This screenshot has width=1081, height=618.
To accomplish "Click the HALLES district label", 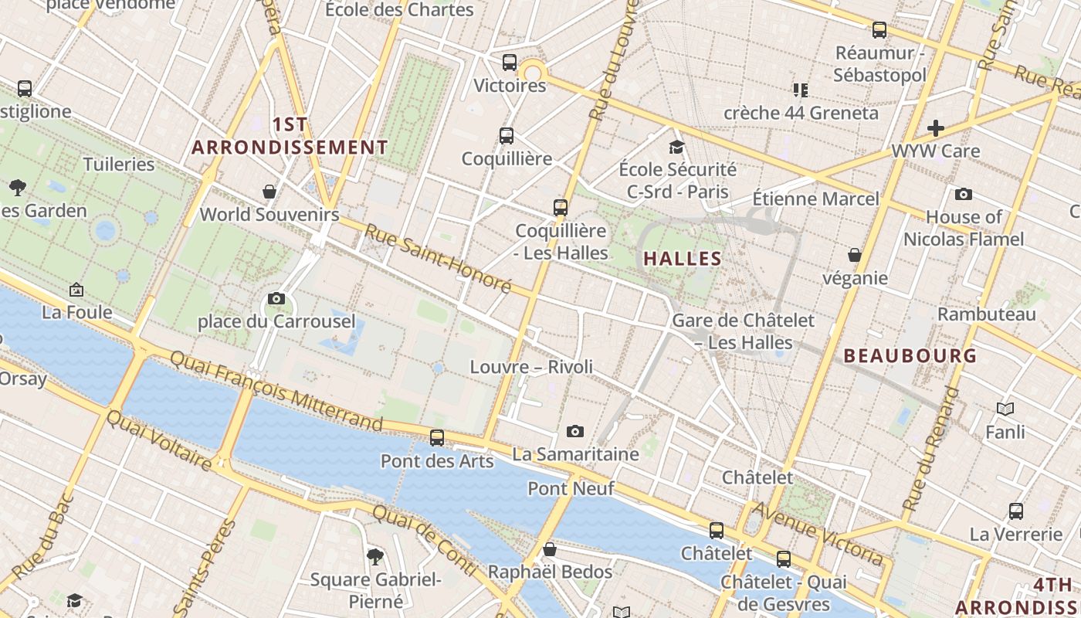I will click(683, 259).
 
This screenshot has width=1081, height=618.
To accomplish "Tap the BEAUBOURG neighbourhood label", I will click(910, 356).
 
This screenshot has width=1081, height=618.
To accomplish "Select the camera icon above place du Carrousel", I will click(276, 298).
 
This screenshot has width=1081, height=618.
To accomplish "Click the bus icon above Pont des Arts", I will click(437, 438).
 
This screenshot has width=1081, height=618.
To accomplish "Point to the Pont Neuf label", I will click(571, 488).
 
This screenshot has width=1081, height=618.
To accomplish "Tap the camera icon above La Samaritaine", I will click(574, 431).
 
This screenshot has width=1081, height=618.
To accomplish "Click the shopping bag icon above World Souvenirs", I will click(269, 191).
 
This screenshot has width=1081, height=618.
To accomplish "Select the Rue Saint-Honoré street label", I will click(438, 258).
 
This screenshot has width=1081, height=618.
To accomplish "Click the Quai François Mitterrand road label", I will click(276, 391).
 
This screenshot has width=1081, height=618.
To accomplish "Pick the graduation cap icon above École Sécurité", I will click(677, 146).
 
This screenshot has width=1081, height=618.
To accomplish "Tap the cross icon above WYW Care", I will click(936, 127).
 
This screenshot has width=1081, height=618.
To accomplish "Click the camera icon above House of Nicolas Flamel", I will click(963, 194).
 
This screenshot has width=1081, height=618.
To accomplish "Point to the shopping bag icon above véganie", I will click(855, 255).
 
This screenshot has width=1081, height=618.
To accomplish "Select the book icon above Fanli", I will click(1005, 409).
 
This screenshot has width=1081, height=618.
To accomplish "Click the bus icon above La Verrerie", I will click(1016, 511).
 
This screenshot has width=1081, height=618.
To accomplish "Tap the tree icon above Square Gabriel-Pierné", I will click(374, 555).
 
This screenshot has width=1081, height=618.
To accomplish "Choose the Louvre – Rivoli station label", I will click(531, 367).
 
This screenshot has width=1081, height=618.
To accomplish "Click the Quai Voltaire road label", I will click(158, 440).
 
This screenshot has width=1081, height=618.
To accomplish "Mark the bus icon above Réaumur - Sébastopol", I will click(879, 30).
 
